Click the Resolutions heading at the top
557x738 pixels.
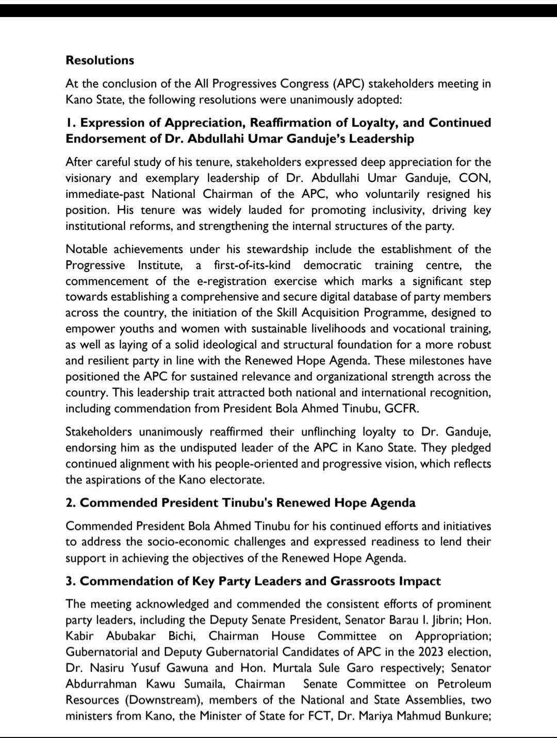[100, 60]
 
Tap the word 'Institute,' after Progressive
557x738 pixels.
[160, 265]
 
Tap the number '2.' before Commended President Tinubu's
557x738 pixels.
[71, 503]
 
